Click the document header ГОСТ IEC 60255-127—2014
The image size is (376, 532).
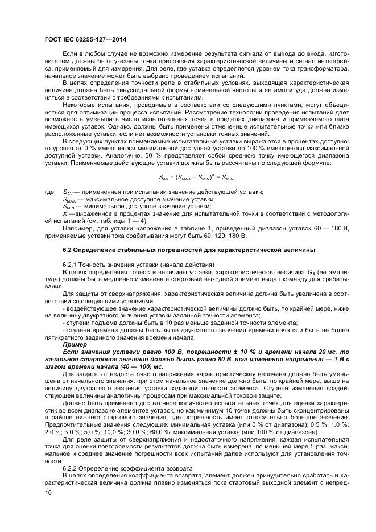pos(85,39)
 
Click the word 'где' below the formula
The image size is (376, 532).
pos(50,192)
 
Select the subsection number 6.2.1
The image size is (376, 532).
pos(70,266)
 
